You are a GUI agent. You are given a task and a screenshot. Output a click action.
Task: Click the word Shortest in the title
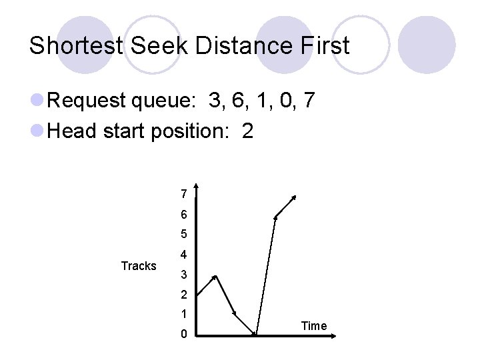[75, 46]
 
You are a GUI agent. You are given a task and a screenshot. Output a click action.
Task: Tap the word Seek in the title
[153, 46]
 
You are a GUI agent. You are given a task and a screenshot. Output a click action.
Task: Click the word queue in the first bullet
[165, 102]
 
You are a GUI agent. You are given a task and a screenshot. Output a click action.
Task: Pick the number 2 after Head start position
[248, 131]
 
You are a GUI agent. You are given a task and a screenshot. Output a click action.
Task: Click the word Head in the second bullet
[73, 131]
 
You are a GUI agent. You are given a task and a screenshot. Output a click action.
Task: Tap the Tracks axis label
[139, 266]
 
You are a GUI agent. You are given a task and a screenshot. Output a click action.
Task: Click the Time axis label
[314, 326]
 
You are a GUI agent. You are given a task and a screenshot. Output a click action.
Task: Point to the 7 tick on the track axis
[183, 195]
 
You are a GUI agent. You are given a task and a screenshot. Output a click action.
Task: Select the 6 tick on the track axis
[183, 215]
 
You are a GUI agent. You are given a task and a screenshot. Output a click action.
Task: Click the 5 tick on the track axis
[183, 235]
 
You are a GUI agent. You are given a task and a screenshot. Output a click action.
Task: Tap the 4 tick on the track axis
[183, 255]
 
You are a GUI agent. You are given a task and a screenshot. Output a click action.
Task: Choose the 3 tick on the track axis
[183, 275]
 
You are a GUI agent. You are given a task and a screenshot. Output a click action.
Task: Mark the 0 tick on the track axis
[183, 334]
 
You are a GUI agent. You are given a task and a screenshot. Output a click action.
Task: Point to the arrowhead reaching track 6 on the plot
[276, 216]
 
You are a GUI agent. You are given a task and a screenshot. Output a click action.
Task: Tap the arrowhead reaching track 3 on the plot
[215, 276]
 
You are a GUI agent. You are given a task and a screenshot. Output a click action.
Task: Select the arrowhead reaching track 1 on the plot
[235, 313]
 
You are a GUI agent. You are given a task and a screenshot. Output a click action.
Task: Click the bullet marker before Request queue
[37, 102]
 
